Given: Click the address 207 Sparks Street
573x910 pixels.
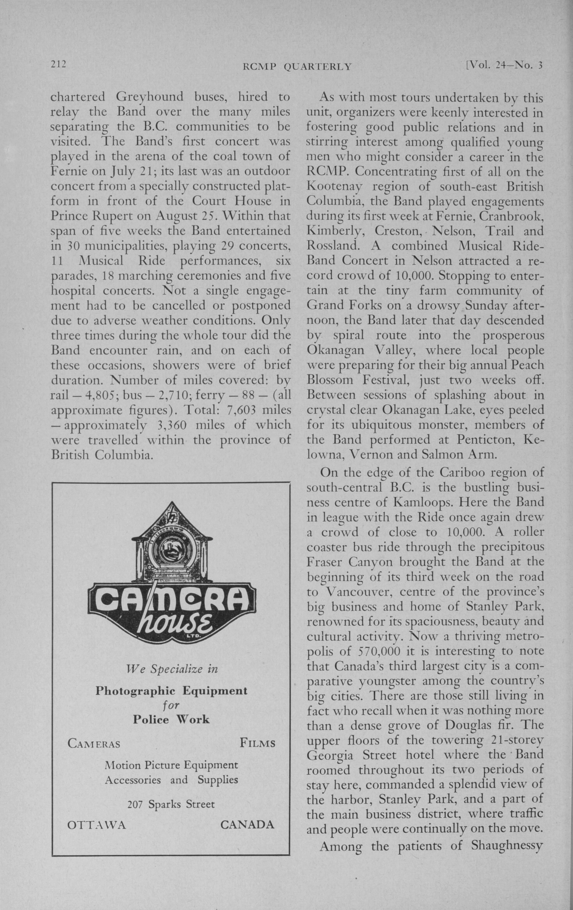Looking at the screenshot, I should tap(171, 804).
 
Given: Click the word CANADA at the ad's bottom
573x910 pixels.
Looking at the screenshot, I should tap(247, 824).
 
